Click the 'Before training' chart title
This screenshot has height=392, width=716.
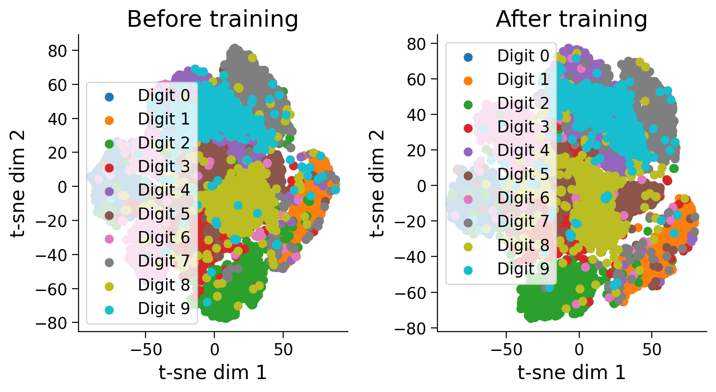(212, 20)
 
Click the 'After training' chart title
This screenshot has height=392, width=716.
(571, 20)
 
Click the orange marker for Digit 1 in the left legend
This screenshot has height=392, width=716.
(109, 120)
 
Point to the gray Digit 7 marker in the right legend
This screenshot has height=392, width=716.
(468, 222)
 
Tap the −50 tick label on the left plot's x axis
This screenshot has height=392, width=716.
(146, 350)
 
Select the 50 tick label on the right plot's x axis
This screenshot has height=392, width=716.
(652, 350)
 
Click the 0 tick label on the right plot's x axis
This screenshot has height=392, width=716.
(579, 350)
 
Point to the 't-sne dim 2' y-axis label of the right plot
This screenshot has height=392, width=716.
(377, 183)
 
